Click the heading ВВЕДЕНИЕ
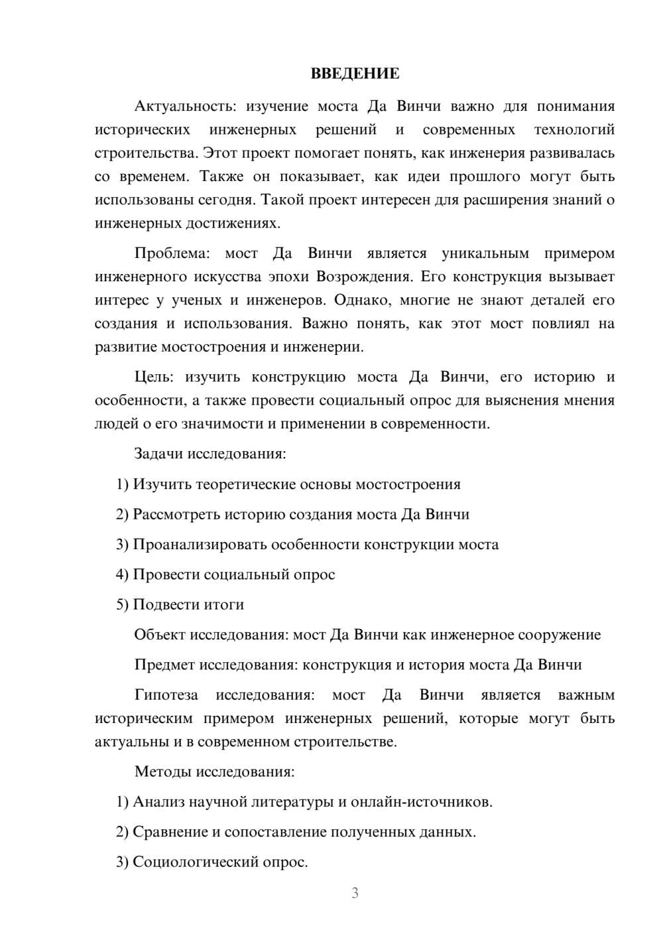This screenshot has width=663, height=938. coord(355,74)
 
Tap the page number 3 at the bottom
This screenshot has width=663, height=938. coord(355,893)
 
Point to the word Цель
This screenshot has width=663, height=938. coord(154,377)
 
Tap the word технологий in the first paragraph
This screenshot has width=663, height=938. coord(573,129)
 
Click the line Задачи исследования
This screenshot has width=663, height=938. coord(210,454)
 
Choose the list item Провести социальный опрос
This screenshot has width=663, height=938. coord(233,574)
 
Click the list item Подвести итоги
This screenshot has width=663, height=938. coord(188,604)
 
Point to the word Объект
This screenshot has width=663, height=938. coord(160,635)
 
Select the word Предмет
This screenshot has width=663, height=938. coord(164,665)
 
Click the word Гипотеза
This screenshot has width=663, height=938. coord(166,695)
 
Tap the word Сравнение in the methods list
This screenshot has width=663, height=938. coord(170,832)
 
